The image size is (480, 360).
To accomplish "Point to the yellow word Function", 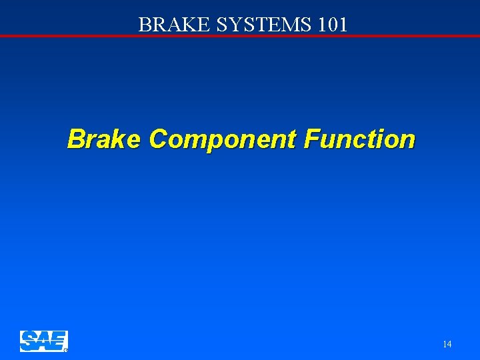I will (x=359, y=139).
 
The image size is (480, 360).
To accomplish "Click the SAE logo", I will (x=43, y=341).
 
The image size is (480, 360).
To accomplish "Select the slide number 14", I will (x=447, y=344).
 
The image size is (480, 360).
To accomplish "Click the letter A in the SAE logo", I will (x=43, y=341).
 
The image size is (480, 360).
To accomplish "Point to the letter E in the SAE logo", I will (x=58, y=341).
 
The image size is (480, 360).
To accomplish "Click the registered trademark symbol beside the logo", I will (x=65, y=349).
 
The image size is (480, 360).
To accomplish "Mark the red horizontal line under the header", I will (x=240, y=35).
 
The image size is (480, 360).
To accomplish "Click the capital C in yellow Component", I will (x=158, y=139).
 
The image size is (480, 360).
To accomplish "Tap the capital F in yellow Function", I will (x=311, y=139).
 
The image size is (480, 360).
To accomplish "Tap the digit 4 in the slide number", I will (x=449, y=344).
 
